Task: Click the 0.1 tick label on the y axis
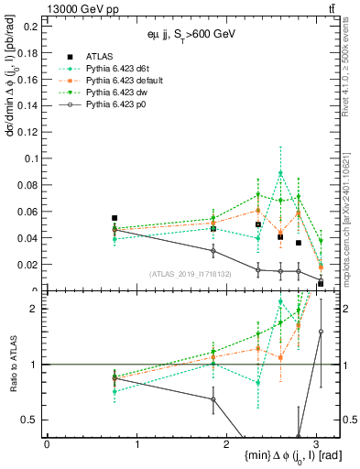click(x=32, y=158)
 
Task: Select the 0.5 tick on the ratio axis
click(x=32, y=420)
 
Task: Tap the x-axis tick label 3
click(x=316, y=444)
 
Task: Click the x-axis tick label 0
click(x=47, y=444)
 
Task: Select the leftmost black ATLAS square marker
click(x=115, y=218)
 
